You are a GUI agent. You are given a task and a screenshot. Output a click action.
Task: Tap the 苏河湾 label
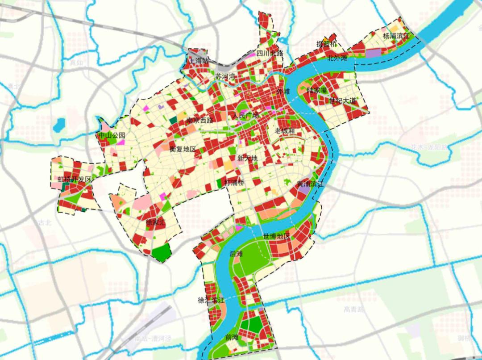[x=225, y=76]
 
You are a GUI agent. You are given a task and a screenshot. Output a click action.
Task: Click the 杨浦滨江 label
[x=396, y=35]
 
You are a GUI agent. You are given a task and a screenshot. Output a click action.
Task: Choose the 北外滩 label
[x=337, y=58]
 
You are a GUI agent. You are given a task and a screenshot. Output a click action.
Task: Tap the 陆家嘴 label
[x=318, y=90]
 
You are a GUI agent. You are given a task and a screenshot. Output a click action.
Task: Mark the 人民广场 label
[x=245, y=116]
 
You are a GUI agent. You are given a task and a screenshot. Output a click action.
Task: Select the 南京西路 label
[x=200, y=120]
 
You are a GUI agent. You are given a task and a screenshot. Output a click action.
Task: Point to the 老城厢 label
[x=285, y=131]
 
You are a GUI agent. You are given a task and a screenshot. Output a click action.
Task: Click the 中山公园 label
[x=112, y=135]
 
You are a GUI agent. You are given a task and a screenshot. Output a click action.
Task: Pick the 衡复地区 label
[x=183, y=149]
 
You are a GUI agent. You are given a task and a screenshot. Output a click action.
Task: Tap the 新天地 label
[x=247, y=158]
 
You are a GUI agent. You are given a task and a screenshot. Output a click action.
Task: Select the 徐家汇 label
[x=156, y=222]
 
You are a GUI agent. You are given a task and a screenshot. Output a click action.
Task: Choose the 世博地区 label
[x=277, y=236]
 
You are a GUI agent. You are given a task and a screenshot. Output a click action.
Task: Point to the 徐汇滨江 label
[x=212, y=301]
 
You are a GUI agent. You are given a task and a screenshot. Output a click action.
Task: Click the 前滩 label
[x=232, y=337]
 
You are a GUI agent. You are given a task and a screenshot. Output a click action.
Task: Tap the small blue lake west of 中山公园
[x=58, y=127]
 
